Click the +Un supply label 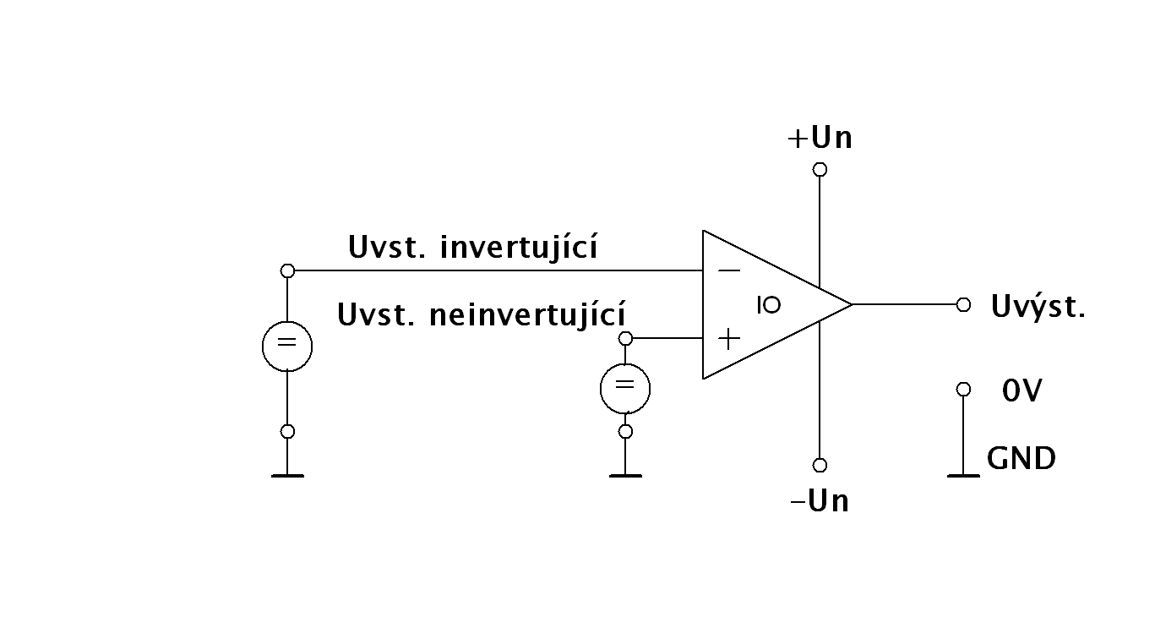pyautogui.click(x=820, y=138)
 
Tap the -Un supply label pyautogui.click(x=819, y=501)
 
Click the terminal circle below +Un pyautogui.click(x=819, y=170)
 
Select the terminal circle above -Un pyautogui.click(x=819, y=465)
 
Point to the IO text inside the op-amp pyautogui.click(x=769, y=306)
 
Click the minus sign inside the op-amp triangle pyautogui.click(x=728, y=270)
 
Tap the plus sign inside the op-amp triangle pyautogui.click(x=728, y=339)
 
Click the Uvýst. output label pyautogui.click(x=1038, y=306)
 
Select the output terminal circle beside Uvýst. pyautogui.click(x=963, y=305)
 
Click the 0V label pyautogui.click(x=1022, y=390)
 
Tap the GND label pyautogui.click(x=1021, y=459)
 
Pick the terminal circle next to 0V pyautogui.click(x=963, y=390)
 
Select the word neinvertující pyautogui.click(x=528, y=315)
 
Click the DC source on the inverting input pyautogui.click(x=287, y=346)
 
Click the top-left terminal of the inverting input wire pyautogui.click(x=287, y=270)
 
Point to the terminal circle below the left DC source pyautogui.click(x=287, y=431)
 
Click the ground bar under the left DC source pyautogui.click(x=287, y=476)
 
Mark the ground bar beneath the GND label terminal pyautogui.click(x=963, y=476)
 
